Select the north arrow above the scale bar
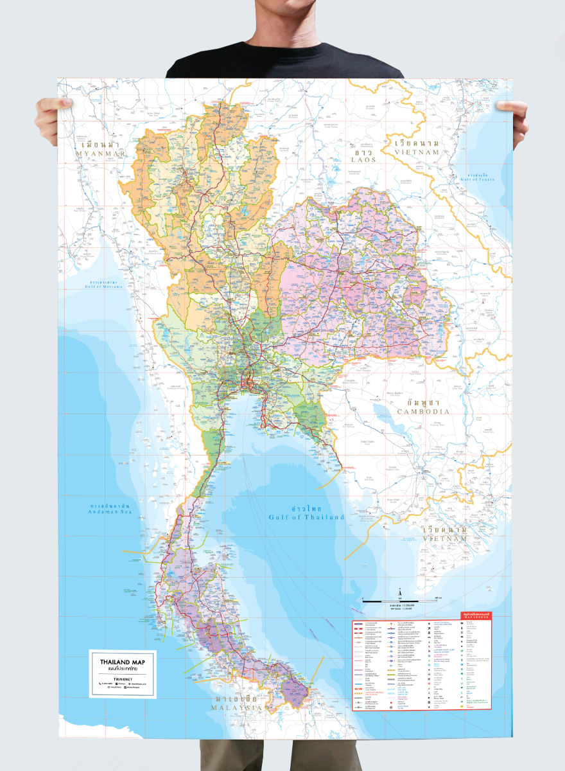[x=399, y=590]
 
